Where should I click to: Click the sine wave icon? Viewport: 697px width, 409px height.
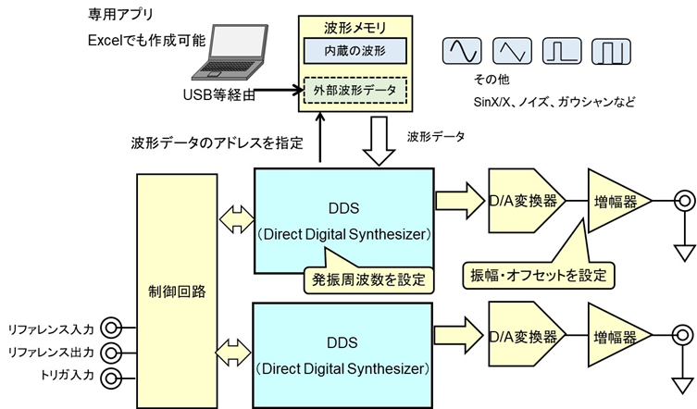click(461, 50)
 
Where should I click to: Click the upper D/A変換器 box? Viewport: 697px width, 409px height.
click(526, 201)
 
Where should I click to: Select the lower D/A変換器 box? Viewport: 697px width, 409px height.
click(526, 332)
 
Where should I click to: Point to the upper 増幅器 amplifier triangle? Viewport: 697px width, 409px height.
click(616, 201)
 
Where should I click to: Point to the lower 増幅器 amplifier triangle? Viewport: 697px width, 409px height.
click(616, 332)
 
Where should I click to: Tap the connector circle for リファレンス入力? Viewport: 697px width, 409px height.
click(111, 328)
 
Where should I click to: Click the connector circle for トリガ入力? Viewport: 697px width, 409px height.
click(111, 378)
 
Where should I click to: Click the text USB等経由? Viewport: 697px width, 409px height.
click(219, 93)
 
